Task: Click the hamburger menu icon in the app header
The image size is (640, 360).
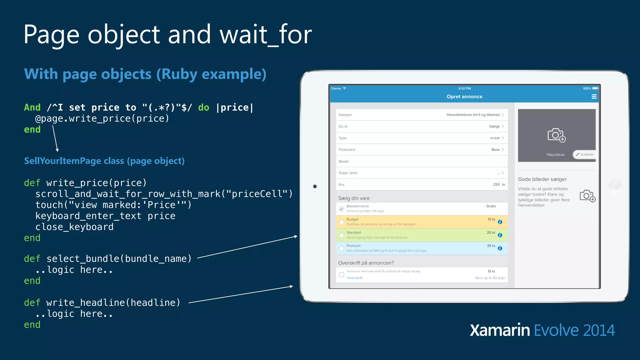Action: (x=594, y=97)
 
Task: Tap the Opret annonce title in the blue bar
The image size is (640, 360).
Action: (x=464, y=97)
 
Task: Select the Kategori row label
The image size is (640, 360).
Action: (x=345, y=115)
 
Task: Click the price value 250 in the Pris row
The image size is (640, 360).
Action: (x=496, y=184)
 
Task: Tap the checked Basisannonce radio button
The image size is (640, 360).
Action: (x=342, y=209)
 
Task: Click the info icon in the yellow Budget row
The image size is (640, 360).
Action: (x=500, y=222)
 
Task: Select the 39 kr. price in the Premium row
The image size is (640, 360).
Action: (x=491, y=246)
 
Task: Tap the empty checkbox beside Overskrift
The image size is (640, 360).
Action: (x=342, y=275)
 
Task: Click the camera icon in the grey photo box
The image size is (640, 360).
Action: (x=556, y=135)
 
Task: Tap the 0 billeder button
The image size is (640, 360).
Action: (x=585, y=154)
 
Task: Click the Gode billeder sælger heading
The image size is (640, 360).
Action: (x=542, y=179)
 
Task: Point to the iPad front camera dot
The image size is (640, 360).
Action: (x=315, y=187)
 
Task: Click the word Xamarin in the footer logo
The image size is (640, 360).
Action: (x=500, y=330)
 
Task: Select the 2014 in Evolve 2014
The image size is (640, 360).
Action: (x=598, y=330)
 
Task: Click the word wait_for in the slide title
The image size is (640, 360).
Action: (x=266, y=34)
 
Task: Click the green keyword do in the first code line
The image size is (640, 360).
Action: (x=203, y=107)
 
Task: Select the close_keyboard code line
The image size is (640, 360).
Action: (x=74, y=227)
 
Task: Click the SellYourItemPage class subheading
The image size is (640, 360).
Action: (x=104, y=161)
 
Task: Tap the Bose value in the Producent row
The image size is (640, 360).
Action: (x=495, y=150)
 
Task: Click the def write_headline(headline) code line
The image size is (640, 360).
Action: (x=102, y=302)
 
